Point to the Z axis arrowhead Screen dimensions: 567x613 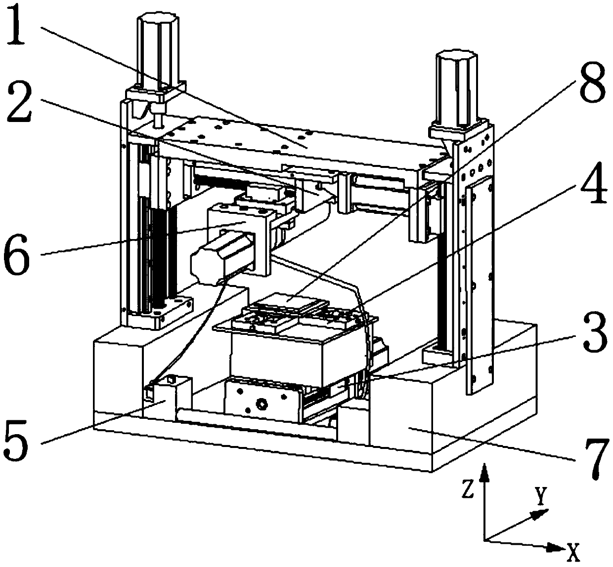tap(485, 473)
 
